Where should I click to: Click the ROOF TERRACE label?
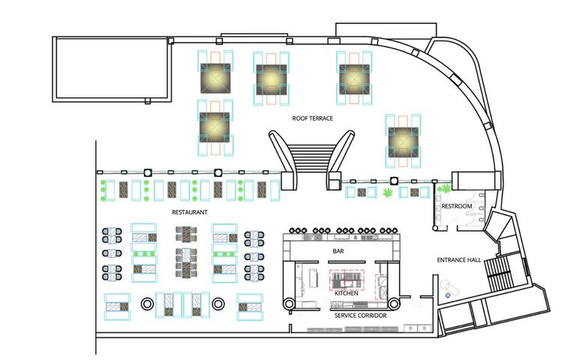313,118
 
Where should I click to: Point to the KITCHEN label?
346,292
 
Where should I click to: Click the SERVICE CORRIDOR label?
361,316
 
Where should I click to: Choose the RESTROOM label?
456,206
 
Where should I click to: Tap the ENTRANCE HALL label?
459,260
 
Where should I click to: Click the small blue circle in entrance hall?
448,295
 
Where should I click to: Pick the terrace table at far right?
402,139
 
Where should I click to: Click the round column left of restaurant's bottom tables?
148,304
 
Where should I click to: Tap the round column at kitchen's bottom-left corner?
289,302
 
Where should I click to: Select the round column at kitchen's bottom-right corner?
395,302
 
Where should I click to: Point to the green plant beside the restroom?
444,192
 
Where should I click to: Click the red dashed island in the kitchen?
346,280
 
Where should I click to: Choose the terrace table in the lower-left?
214,126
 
